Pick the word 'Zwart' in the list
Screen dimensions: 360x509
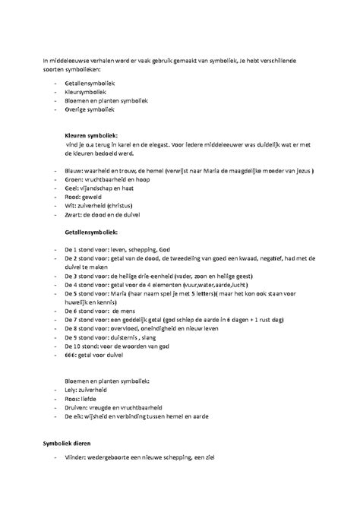(x=74, y=215)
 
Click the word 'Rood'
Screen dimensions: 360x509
(x=74, y=194)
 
